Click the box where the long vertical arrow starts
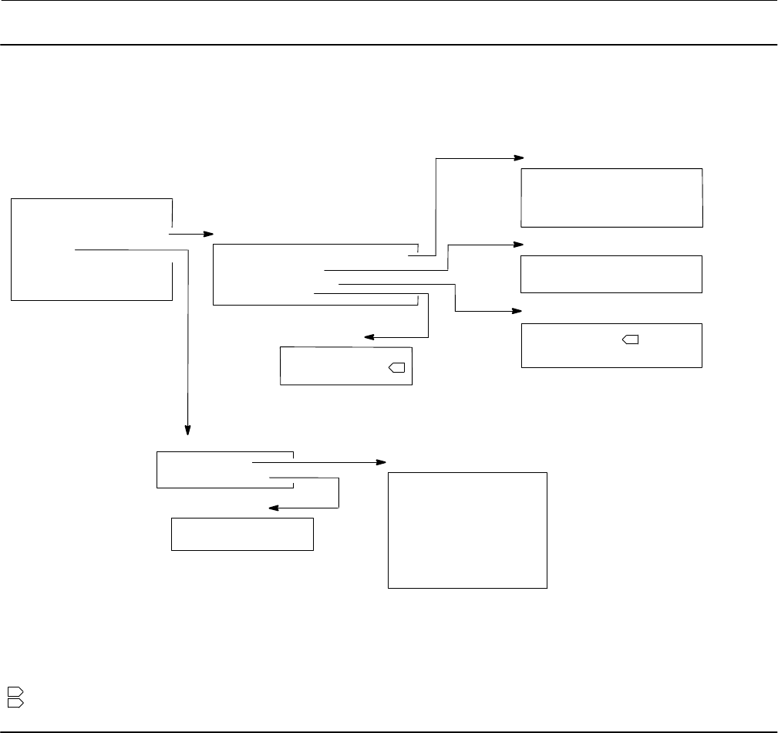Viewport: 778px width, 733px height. click(x=91, y=248)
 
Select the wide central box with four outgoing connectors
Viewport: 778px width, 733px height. click(x=315, y=275)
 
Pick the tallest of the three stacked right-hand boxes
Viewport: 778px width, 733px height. click(x=611, y=198)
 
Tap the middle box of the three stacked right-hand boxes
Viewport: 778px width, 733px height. click(x=611, y=274)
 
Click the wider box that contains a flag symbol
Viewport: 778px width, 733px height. click(x=611, y=346)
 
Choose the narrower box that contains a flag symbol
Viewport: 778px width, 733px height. click(x=345, y=366)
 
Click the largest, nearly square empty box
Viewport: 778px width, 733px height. click(x=467, y=531)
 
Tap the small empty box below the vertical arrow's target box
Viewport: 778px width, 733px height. click(x=241, y=534)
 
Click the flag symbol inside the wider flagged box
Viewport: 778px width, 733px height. click(x=630, y=339)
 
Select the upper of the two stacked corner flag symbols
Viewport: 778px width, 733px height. click(x=15, y=692)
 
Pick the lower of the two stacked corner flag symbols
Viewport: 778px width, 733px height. click(x=15, y=703)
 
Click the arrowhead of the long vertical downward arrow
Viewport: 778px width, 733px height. click(x=187, y=430)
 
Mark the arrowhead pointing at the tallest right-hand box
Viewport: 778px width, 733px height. click(x=519, y=157)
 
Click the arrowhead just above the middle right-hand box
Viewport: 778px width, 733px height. click(x=519, y=245)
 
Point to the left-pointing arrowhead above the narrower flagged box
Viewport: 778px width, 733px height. click(x=369, y=337)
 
